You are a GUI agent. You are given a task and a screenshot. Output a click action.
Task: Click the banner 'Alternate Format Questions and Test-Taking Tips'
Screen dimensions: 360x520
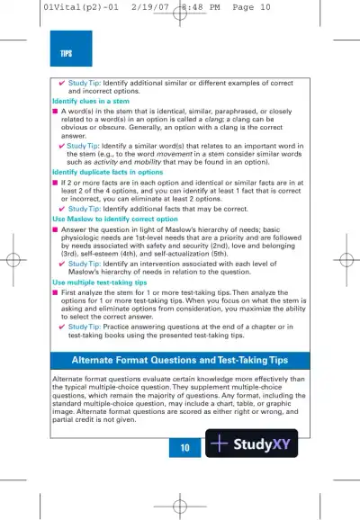click(180, 361)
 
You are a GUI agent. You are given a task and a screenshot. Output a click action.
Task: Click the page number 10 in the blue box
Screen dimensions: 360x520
click(184, 446)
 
